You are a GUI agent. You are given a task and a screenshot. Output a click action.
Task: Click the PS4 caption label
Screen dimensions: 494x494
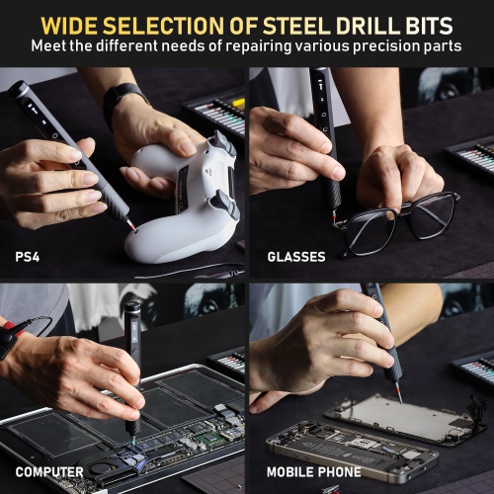tap(28, 257)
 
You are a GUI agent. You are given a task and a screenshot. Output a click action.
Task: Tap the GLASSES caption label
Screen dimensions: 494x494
tap(295, 257)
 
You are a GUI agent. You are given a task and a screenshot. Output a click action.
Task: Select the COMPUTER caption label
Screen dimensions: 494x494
tap(49, 472)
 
